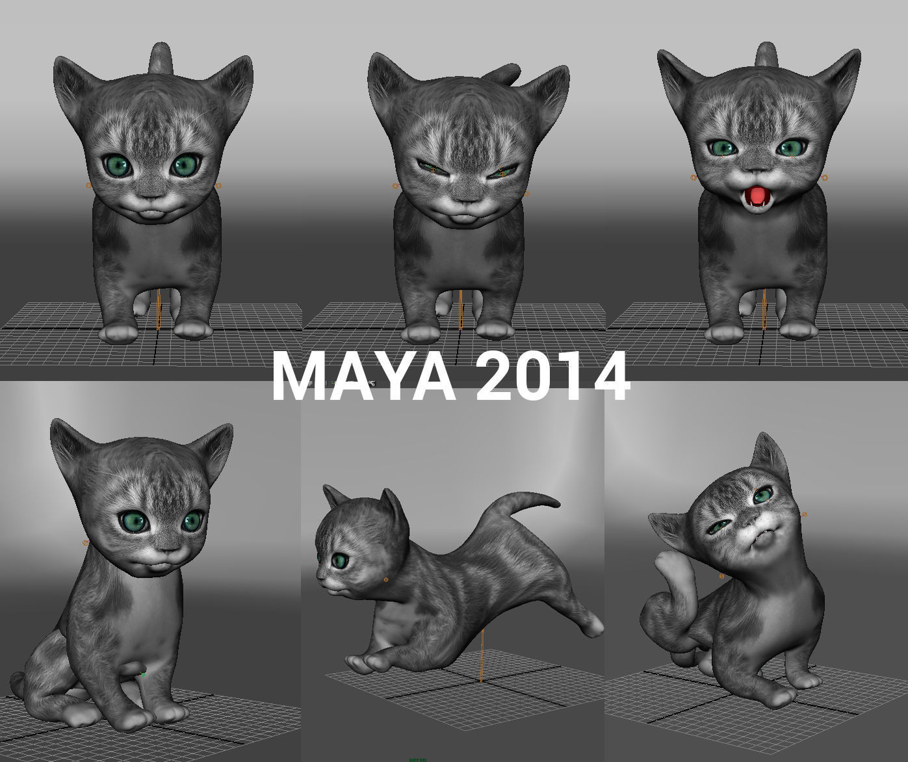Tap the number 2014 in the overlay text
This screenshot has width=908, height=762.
[552, 376]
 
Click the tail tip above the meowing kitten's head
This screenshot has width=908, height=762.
[766, 52]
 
